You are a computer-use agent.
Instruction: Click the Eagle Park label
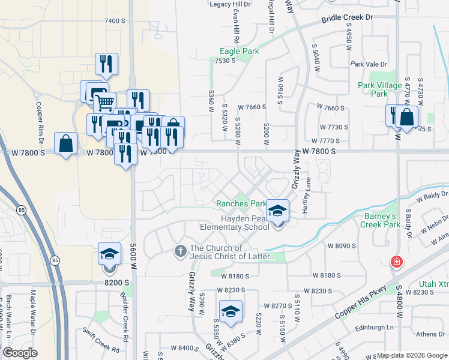(240, 52)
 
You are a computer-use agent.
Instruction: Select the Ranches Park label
(241, 203)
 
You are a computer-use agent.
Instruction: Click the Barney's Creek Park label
(380, 220)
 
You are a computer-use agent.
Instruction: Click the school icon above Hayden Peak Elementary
(277, 211)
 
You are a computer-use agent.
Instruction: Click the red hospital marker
(396, 262)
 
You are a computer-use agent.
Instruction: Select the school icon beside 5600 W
(109, 254)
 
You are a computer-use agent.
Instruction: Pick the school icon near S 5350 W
(230, 311)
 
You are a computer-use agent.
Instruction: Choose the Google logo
(20, 353)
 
